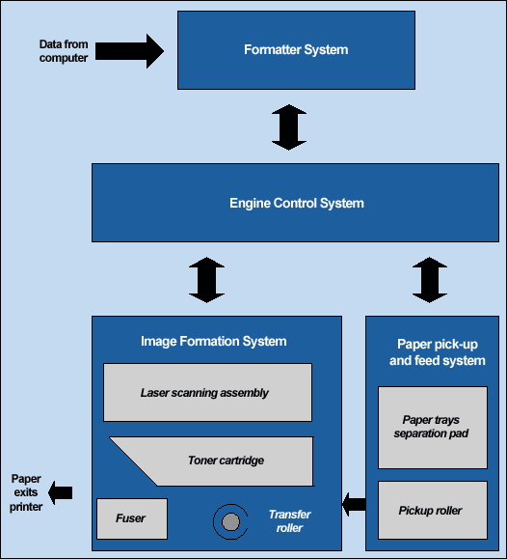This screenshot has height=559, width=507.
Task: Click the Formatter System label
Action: pos(296,49)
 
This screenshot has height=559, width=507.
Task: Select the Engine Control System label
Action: pos(297,203)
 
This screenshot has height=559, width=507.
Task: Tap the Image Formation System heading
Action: pos(214,341)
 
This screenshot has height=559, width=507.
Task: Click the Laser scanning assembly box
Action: pos(207,393)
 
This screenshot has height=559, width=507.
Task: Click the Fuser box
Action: pos(132,518)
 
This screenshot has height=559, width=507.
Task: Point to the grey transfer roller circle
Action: pos(230,522)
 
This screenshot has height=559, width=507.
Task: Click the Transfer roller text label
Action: pos(289,520)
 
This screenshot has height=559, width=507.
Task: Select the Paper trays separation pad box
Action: pos(433,428)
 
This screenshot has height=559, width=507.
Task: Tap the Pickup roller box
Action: pos(433,510)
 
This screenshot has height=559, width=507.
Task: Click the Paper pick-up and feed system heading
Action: pos(438,352)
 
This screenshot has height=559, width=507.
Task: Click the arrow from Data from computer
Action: pos(129,51)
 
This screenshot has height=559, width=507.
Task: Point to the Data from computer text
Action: pos(64,51)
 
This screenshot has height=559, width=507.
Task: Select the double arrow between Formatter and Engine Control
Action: pos(289,127)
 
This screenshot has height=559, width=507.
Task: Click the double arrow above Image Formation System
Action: pos(207,280)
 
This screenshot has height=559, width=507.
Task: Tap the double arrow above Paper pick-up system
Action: pos(430,280)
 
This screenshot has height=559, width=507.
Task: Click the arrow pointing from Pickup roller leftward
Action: pos(354,504)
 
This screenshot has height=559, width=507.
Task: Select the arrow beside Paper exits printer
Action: pos(60,493)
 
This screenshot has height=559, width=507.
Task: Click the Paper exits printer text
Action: pos(26,492)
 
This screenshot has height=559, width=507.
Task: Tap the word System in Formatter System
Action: pos(326,49)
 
